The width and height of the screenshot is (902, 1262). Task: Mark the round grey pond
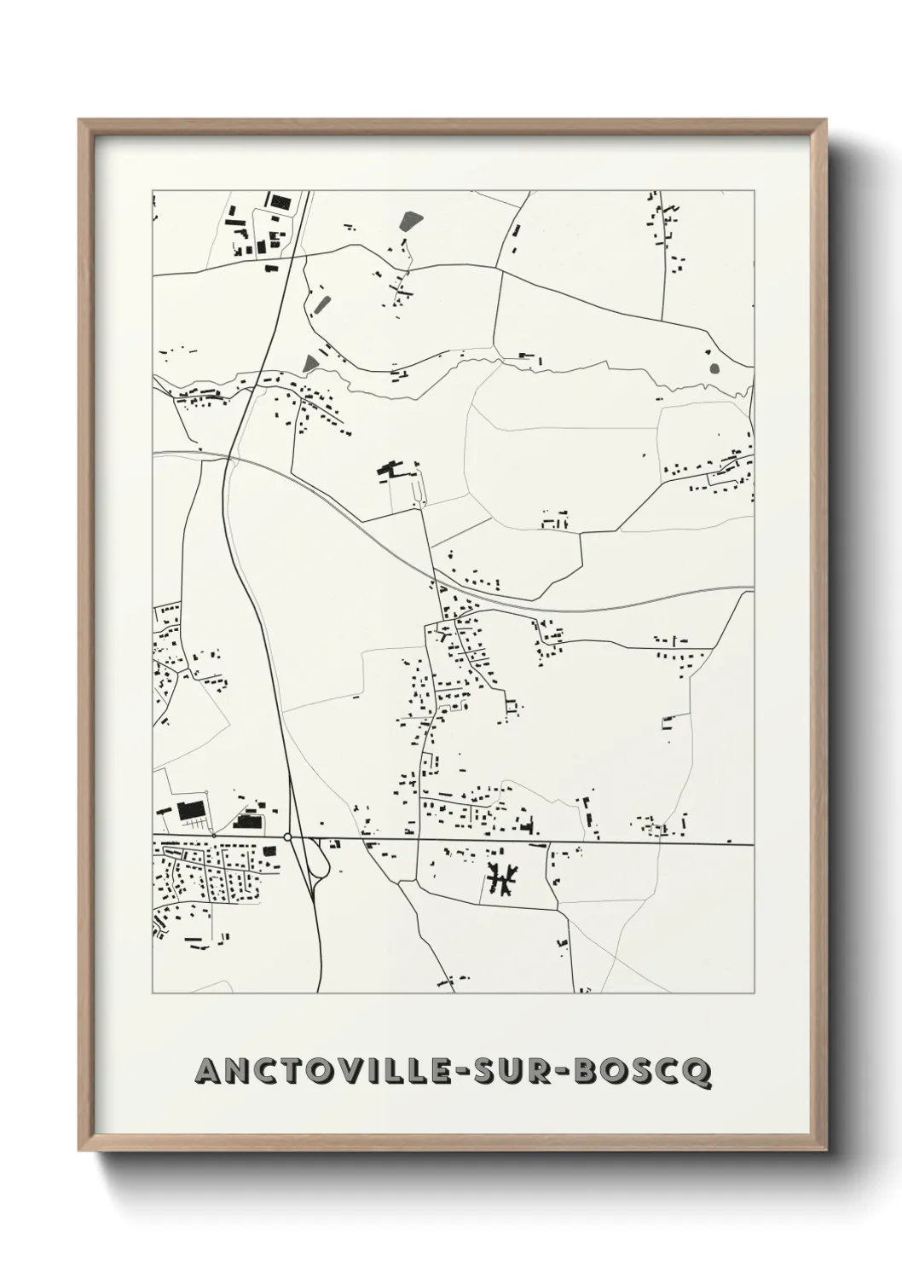point(714,369)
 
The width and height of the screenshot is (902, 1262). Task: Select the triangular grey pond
point(310,364)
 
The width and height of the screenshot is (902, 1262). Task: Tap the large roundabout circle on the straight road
point(288,837)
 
